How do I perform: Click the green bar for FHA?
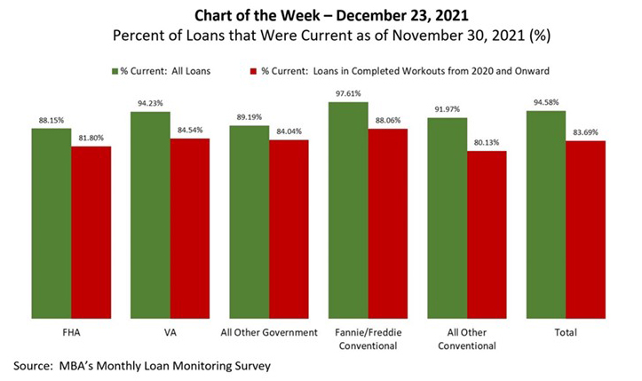click(x=52, y=222)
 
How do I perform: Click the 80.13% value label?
click(x=487, y=143)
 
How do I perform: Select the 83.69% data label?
click(x=585, y=133)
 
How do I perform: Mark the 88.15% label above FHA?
click(x=52, y=121)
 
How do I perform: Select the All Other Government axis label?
click(x=268, y=332)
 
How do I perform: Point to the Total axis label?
click(x=565, y=332)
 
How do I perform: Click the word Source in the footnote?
click(x=34, y=365)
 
